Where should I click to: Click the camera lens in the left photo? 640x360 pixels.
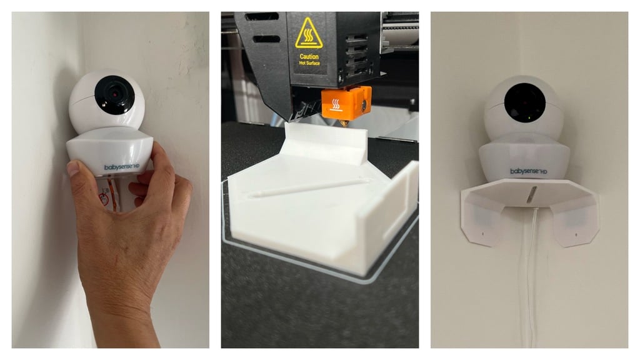115,95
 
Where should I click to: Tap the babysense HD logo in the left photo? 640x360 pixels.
122,167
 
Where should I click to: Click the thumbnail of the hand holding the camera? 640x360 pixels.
111,179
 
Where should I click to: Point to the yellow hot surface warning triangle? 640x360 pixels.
309,33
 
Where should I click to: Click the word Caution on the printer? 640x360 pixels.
309,57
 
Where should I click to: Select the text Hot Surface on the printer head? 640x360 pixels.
309,63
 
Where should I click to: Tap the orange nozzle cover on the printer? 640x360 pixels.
346,103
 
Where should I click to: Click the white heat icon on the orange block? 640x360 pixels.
336,105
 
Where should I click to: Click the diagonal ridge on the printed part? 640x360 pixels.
310,187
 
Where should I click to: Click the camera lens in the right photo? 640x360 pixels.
525,102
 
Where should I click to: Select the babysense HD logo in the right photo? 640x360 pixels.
529,171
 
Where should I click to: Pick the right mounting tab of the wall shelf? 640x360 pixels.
575,221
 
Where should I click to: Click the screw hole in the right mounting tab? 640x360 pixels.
576,235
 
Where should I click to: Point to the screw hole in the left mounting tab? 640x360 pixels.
483,234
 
